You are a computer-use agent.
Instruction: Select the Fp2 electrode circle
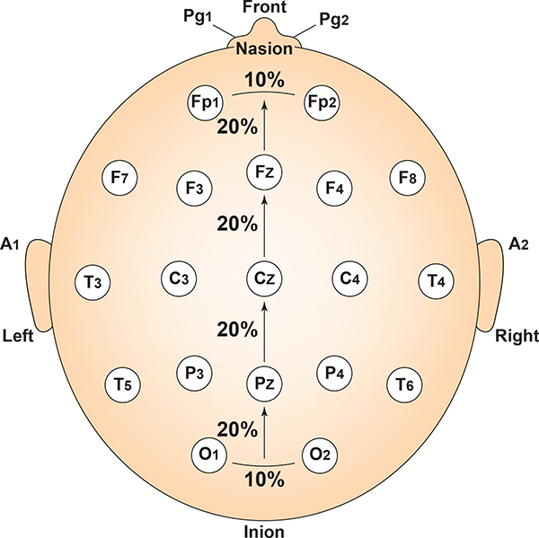[x=322, y=101]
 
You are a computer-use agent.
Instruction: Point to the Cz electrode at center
[x=264, y=278]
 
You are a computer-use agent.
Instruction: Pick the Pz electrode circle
[x=264, y=385]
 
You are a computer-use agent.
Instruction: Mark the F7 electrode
[x=119, y=178]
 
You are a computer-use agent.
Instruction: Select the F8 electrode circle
[x=408, y=178]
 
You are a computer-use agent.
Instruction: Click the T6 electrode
[x=405, y=385]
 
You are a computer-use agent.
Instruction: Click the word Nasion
[x=264, y=49]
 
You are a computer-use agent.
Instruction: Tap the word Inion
[x=264, y=530]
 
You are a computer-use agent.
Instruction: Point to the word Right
[x=517, y=337]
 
